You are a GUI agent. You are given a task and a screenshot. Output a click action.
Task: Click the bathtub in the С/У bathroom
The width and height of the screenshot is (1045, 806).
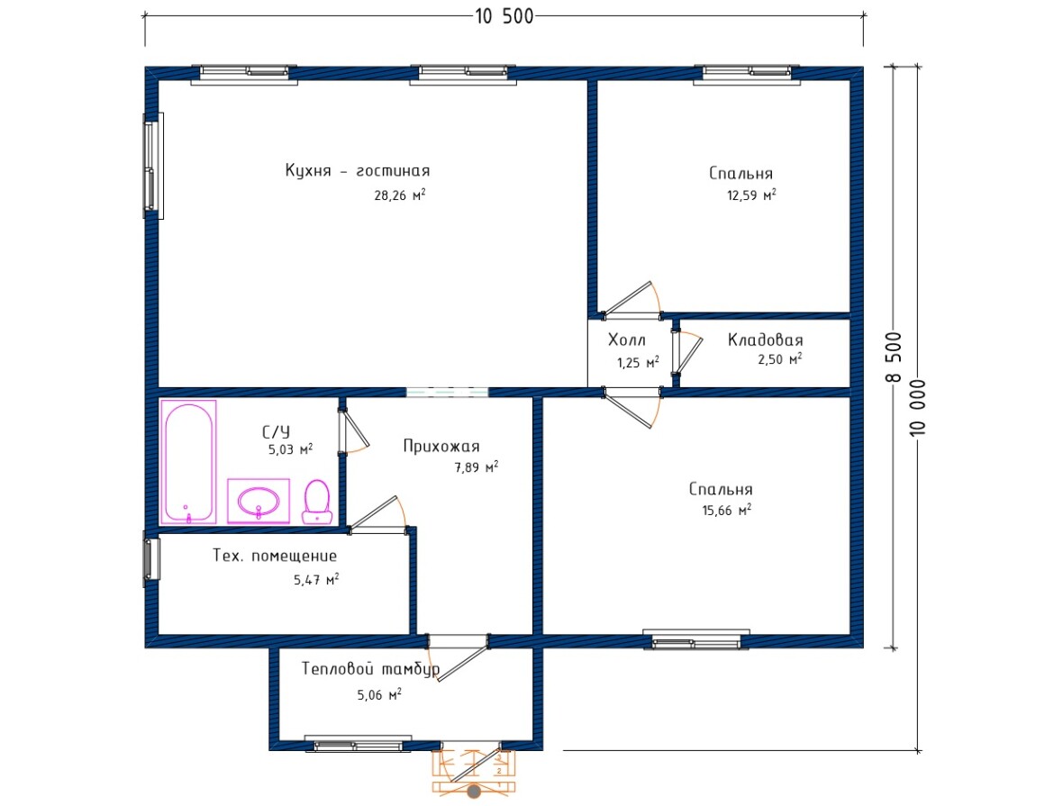coord(188,461)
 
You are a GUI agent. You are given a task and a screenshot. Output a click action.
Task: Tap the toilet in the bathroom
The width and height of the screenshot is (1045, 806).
coord(317,502)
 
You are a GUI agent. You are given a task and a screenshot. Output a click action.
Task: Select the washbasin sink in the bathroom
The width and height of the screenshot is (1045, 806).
coord(259,500)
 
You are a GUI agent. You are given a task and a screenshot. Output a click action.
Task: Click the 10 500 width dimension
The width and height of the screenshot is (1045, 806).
coord(504,16)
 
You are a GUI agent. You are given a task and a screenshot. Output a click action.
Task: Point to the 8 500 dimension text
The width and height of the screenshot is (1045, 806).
coord(895,357)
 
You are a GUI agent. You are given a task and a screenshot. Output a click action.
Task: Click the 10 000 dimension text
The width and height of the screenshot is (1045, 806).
coord(917,407)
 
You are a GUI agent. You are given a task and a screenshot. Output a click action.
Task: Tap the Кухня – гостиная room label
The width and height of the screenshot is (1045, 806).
coord(358,171)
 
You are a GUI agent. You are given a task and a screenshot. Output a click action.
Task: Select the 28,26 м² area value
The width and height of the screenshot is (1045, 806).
coord(400,195)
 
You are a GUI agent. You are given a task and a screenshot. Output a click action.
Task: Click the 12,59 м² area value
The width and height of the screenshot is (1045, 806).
coord(751,195)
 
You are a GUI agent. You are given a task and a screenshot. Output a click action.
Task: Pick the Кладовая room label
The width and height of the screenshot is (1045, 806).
coord(765,340)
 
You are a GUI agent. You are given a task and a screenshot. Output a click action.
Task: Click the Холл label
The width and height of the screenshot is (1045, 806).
coord(626,340)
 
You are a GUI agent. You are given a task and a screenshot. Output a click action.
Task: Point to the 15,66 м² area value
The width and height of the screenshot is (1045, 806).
coord(726,511)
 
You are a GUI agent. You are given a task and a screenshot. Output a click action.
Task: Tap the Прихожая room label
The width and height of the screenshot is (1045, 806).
coord(441,447)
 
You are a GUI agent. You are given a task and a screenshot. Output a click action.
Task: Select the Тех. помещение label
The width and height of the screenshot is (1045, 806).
coord(275,556)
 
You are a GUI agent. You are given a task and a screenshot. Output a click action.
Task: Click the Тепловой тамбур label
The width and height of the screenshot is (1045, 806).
coord(370,668)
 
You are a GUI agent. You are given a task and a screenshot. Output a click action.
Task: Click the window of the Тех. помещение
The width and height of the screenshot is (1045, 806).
coord(152,558)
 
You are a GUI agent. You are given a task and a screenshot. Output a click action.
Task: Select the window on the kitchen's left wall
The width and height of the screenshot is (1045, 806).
coord(153,166)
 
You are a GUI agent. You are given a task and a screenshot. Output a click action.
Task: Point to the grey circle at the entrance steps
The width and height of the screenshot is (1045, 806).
coord(474,792)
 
